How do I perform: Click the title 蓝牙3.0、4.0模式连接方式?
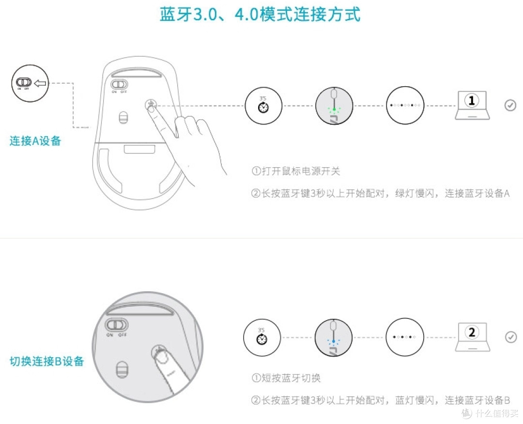260,15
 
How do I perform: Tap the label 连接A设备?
35,141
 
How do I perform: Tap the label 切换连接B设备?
47,361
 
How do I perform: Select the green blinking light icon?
334,105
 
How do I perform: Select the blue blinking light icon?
333,338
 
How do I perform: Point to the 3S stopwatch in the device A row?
263,105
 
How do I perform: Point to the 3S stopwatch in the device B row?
262,337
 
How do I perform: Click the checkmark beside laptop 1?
510,105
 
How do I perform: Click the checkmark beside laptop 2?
510,337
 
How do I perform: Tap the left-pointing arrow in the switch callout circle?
41,83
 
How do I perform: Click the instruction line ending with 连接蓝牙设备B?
381,401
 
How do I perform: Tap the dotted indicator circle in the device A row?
405,105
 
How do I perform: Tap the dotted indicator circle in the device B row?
404,337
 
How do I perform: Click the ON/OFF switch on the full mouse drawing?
119,84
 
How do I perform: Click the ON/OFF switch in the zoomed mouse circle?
117,324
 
